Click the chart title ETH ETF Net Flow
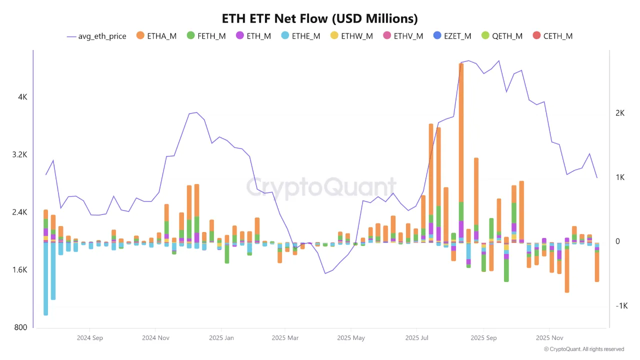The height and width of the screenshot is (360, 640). point(320,18)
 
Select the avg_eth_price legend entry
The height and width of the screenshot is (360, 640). point(96,36)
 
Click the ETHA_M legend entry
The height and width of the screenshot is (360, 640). point(156,36)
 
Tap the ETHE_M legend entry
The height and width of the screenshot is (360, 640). point(300,36)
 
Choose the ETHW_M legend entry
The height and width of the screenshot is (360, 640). point(351,36)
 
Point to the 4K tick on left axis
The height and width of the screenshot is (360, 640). point(23,97)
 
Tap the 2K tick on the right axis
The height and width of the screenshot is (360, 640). point(620,113)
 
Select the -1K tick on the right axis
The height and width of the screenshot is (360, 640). point(621,306)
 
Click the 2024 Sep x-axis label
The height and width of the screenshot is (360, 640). point(90,338)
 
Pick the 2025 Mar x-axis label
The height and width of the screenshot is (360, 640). point(285,338)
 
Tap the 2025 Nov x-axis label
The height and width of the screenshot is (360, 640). point(549,338)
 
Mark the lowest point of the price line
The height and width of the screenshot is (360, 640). point(325,273)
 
